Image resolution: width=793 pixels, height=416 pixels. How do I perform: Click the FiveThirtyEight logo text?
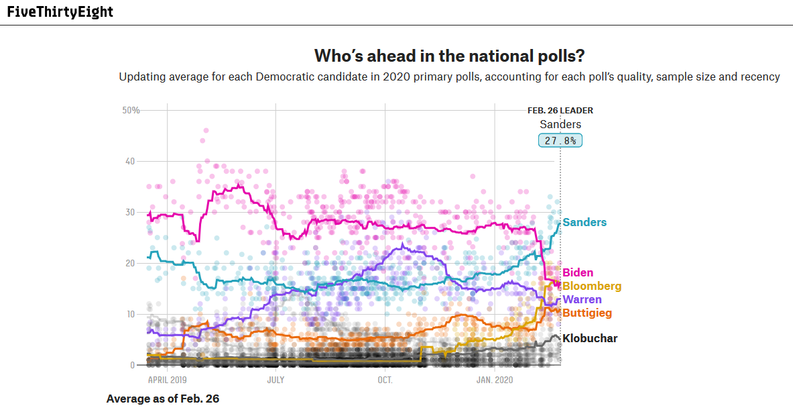tap(60, 12)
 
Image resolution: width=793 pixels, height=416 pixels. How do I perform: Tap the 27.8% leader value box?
tap(560, 141)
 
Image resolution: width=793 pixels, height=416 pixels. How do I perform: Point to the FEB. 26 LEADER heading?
tap(560, 111)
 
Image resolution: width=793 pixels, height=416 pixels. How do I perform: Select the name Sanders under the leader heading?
tap(560, 124)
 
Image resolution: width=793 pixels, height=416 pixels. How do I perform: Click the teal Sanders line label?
tap(585, 222)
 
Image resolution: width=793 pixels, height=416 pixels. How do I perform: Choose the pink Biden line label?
tap(578, 272)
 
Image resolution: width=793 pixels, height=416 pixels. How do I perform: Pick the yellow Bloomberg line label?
tap(592, 286)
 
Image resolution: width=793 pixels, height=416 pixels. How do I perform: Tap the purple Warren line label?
tap(582, 299)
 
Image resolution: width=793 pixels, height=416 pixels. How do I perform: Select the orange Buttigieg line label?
tap(587, 313)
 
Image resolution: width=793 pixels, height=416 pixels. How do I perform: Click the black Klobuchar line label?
tap(590, 338)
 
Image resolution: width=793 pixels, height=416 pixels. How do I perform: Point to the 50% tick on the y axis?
tap(130, 110)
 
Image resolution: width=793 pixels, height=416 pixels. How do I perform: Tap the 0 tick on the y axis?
tap(132, 365)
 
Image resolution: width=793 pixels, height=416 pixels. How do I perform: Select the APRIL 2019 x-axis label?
tap(168, 380)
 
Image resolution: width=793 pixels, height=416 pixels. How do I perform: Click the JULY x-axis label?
tap(276, 380)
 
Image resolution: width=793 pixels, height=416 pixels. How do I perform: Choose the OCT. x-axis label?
tap(385, 380)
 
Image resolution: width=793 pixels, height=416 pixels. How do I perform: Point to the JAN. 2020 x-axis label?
tap(494, 380)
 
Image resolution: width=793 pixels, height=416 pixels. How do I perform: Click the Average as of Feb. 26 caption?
tap(163, 399)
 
